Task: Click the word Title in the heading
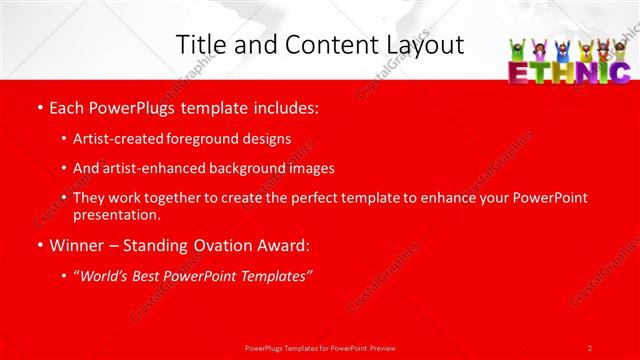coord(199,44)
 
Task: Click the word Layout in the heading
coord(424,44)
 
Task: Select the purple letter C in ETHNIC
coord(619,73)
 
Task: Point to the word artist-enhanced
coord(148,168)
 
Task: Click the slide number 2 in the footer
coord(589,347)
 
